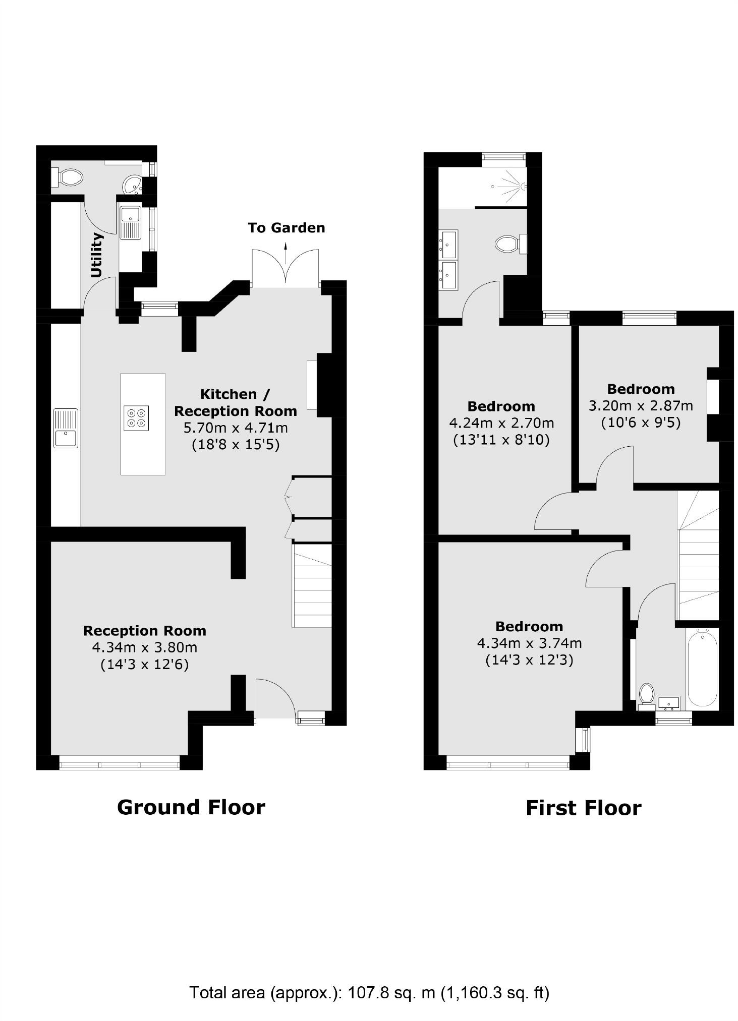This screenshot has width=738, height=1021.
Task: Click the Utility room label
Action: pyautogui.click(x=96, y=255)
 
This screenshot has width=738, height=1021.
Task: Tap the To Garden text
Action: pyautogui.click(x=286, y=228)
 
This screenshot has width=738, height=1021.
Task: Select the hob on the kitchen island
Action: pyautogui.click(x=136, y=417)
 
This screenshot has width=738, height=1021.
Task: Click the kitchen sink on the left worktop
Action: pyautogui.click(x=66, y=428)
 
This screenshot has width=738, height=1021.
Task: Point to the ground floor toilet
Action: pyautogui.click(x=68, y=177)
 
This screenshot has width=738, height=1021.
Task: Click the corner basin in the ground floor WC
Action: pyautogui.click(x=134, y=185)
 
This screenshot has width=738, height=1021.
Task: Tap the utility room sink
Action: pyautogui.click(x=130, y=222)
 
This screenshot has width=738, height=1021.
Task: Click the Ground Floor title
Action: pyautogui.click(x=191, y=807)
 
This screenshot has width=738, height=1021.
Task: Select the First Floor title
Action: pyautogui.click(x=583, y=808)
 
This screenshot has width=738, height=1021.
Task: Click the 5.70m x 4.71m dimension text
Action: pyautogui.click(x=236, y=428)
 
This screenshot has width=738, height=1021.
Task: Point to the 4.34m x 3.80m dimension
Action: pyautogui.click(x=144, y=647)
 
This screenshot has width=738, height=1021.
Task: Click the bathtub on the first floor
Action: pyautogui.click(x=702, y=667)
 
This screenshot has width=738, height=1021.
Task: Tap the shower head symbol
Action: pyautogui.click(x=520, y=186)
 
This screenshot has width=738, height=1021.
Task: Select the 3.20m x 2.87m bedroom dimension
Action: pyautogui.click(x=641, y=405)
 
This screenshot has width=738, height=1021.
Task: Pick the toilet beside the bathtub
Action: pyautogui.click(x=646, y=694)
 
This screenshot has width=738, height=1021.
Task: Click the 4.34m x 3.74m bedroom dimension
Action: pyautogui.click(x=529, y=643)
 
